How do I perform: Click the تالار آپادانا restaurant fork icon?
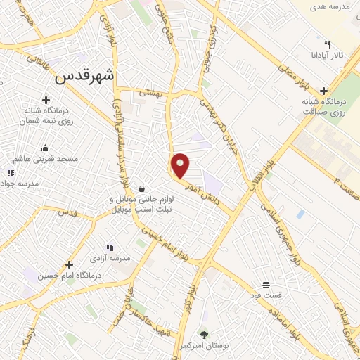327,44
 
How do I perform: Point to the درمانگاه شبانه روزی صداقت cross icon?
323,91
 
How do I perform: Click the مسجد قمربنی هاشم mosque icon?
46,148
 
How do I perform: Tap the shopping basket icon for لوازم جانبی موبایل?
143,188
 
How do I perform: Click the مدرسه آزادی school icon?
109,247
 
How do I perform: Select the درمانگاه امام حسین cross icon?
69,264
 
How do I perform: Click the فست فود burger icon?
266,285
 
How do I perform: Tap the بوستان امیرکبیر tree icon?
205,333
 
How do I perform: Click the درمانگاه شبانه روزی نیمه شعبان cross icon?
46,100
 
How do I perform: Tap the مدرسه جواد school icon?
10,173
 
